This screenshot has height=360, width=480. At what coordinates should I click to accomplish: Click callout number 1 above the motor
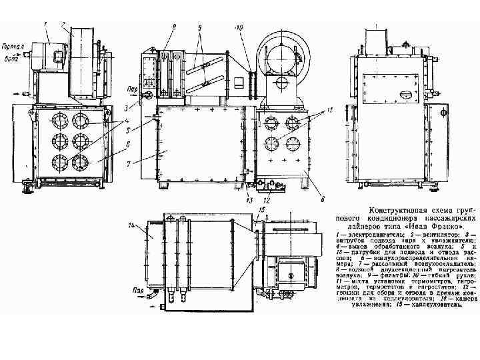45,25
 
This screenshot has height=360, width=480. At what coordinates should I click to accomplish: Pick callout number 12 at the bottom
267,199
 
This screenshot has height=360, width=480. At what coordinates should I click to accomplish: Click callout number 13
249,199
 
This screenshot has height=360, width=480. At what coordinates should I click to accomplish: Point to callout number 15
261,210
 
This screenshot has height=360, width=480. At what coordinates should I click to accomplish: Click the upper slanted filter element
205,65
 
